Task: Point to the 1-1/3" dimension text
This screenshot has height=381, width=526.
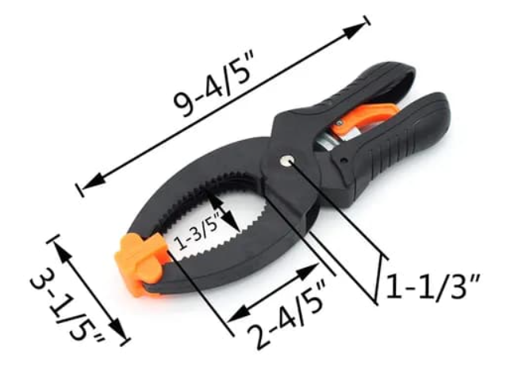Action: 433,286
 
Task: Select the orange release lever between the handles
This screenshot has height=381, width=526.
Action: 363,118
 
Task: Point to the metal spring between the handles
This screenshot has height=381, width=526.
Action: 327,141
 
